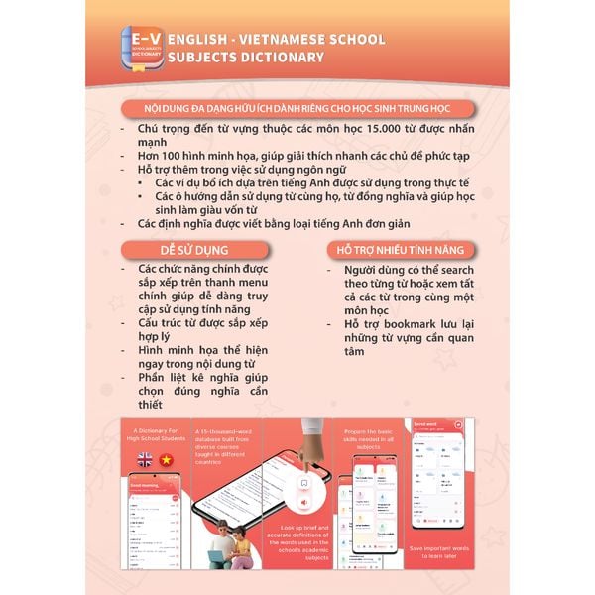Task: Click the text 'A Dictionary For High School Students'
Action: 156,434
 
